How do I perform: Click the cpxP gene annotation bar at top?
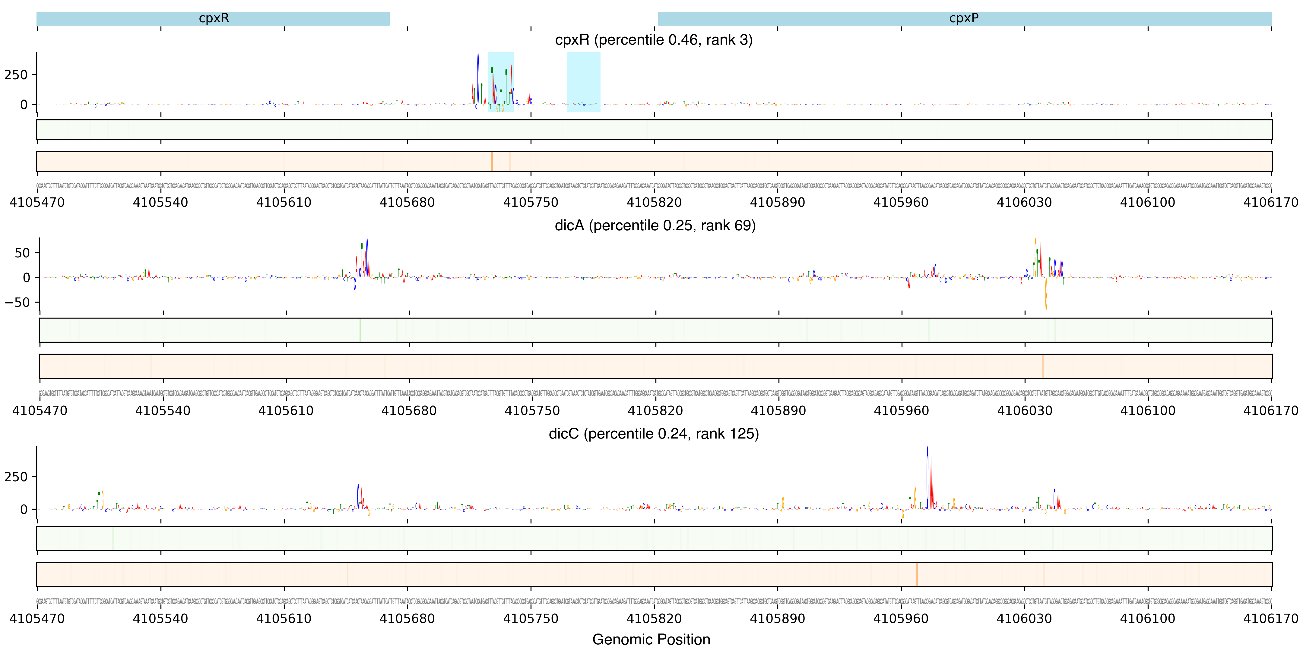tap(964, 19)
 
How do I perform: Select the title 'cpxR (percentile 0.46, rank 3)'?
tap(654, 40)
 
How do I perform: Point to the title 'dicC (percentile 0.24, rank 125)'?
tap(654, 434)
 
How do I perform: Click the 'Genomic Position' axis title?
tap(651, 639)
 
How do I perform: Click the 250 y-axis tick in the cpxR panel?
tap(16, 75)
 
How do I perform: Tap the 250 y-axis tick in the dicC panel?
tap(16, 476)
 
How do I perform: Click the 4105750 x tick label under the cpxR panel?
tap(531, 203)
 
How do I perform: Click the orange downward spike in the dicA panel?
tap(1046, 298)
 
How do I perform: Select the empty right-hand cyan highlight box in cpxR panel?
tap(583, 82)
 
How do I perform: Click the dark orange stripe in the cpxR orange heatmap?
tap(492, 161)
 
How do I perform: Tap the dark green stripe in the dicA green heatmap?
tap(360, 330)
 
